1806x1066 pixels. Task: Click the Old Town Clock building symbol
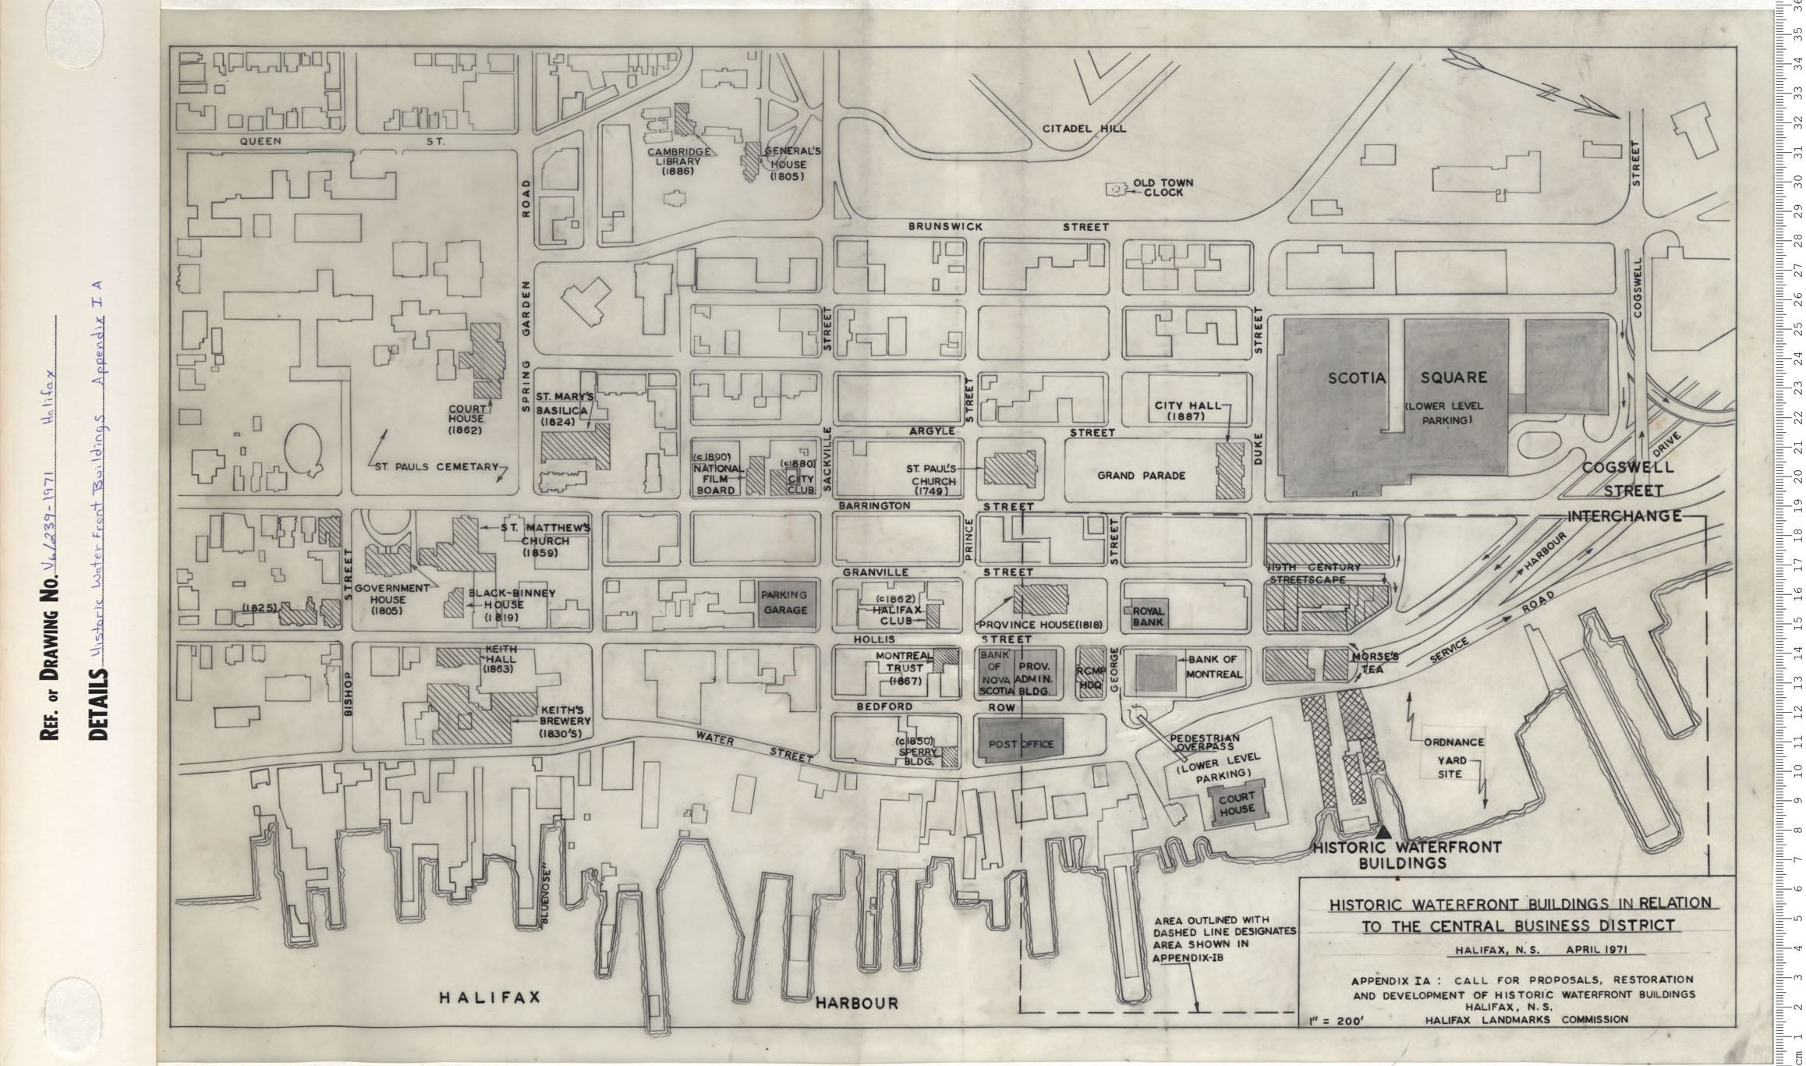[x=1116, y=189]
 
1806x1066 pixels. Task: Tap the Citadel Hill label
[x=1084, y=129]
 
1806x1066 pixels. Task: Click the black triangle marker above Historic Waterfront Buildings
[x=1384, y=833]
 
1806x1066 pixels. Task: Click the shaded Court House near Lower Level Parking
[x=1237, y=802]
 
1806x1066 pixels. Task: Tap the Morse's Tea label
[x=1375, y=662]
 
